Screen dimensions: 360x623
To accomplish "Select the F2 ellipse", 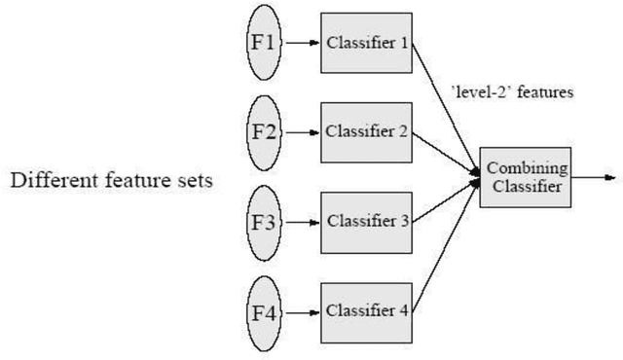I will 263,131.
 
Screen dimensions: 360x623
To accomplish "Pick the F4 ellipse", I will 263,312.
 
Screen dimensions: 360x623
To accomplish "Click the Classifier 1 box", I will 367,43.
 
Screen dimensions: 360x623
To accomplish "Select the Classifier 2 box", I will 367,131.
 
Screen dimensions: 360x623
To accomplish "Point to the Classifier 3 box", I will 367,221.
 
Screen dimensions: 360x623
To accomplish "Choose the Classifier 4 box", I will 367,312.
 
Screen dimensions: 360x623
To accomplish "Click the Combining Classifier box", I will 525,177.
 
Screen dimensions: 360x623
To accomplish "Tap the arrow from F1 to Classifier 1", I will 302,43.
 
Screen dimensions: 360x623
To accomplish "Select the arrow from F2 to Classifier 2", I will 302,131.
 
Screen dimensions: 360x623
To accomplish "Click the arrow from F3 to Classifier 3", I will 302,221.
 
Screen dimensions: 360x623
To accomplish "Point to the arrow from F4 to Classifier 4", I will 302,312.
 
